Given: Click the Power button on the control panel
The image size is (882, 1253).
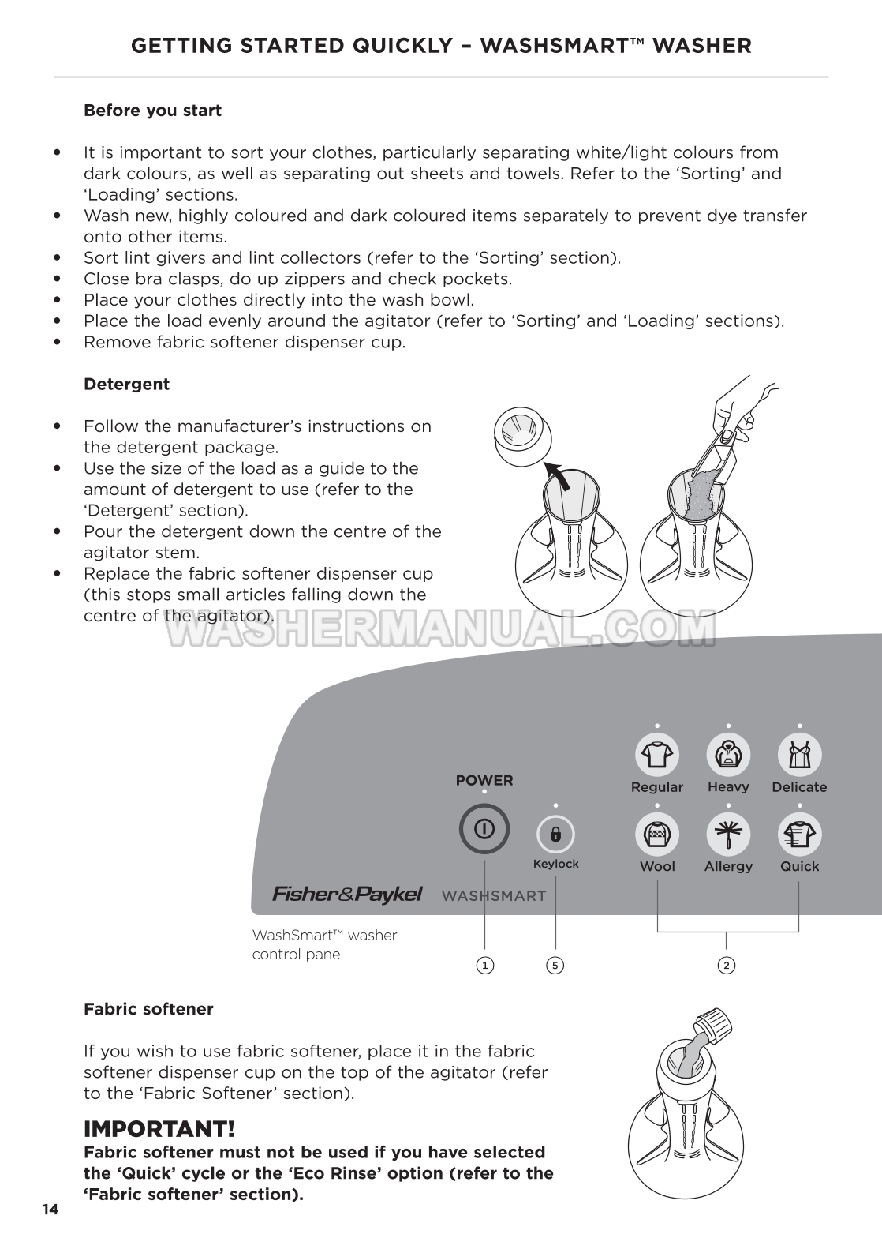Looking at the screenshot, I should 484,829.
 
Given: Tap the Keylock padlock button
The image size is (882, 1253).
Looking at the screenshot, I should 555,835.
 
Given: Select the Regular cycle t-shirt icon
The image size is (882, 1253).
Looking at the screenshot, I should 656,755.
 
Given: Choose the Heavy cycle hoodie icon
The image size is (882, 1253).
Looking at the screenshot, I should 727,755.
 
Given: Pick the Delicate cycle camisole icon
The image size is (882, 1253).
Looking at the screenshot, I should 799,755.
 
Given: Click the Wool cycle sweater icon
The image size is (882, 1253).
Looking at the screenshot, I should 656,835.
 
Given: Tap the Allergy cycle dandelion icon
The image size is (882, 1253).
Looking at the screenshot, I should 727,835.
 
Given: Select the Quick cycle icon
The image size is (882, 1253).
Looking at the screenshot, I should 799,835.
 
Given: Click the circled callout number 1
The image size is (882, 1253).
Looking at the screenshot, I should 484,965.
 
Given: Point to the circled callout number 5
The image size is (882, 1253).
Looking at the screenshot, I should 555,965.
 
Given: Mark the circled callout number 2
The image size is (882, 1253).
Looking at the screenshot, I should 727,965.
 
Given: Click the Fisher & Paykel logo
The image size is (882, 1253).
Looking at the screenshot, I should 347,895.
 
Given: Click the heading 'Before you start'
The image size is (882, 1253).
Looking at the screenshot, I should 152,111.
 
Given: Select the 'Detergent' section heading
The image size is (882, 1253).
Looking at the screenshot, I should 126,385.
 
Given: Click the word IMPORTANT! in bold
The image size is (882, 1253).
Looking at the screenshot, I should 159,1129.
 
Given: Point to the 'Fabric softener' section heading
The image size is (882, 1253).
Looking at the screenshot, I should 148,1009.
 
